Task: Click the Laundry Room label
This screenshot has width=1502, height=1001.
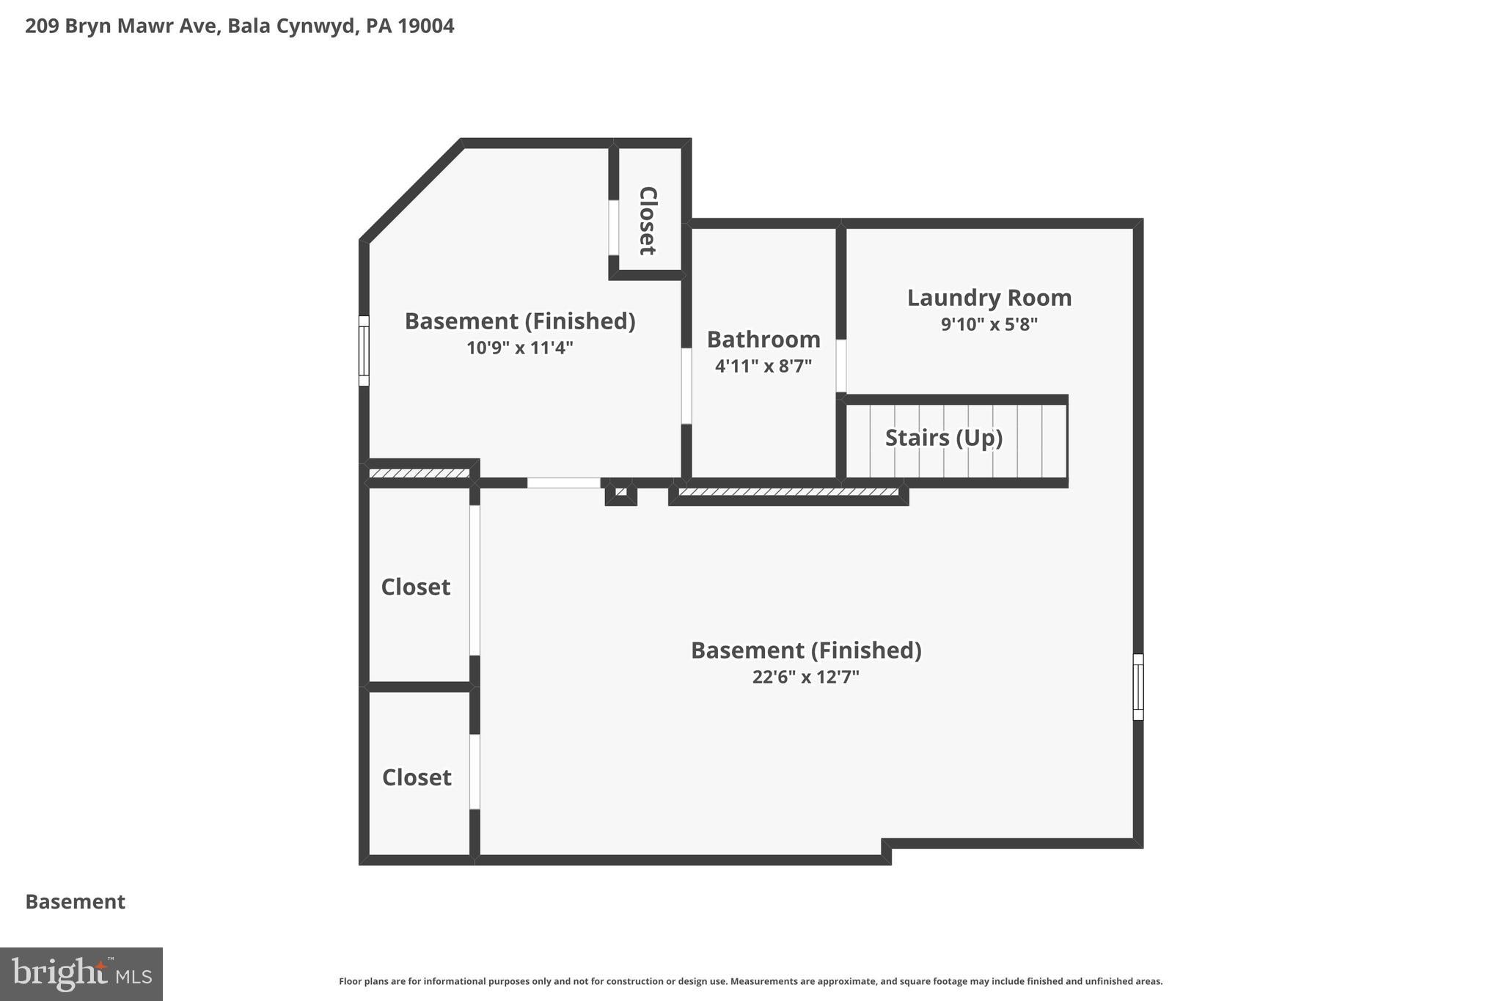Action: coord(989,298)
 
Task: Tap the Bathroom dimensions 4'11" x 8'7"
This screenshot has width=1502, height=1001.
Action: coord(763,365)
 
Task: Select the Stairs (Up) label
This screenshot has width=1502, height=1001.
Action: coord(943,438)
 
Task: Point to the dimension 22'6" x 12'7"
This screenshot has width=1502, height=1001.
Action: coord(805,677)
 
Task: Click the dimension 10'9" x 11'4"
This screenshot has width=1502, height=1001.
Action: coord(519,348)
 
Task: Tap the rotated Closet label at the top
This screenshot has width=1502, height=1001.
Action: coord(647,220)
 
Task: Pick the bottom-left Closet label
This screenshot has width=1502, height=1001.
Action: coord(417,777)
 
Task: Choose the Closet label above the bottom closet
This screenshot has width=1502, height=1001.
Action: coord(415,587)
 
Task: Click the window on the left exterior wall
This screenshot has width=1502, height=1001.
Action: coord(364,351)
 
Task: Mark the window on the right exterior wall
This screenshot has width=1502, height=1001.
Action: coord(1138,686)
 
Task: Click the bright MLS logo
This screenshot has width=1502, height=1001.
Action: coord(81,974)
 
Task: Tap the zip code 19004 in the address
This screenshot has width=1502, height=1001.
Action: coord(426,26)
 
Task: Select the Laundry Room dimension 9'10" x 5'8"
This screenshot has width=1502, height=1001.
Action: coord(989,324)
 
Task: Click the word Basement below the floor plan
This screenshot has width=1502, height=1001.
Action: coord(76,901)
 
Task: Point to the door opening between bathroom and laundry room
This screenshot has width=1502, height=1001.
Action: coord(841,365)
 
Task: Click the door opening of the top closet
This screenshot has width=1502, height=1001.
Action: coord(613,227)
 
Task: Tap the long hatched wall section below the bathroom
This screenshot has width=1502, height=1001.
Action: coord(788,492)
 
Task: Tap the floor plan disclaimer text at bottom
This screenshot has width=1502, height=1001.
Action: coord(750,981)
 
